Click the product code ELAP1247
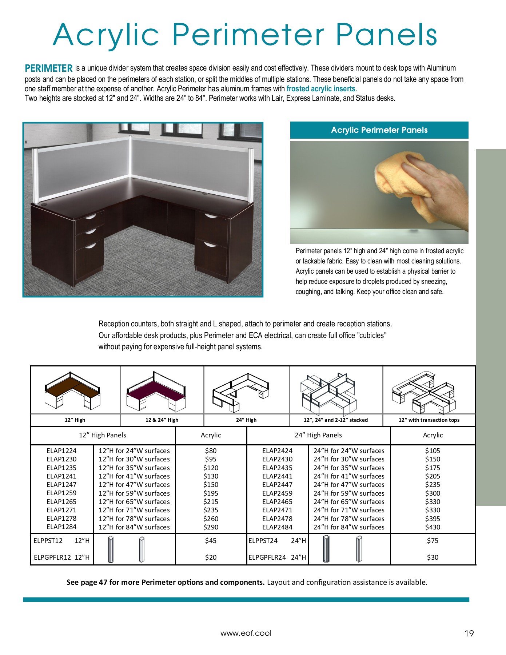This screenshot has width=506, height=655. (61, 485)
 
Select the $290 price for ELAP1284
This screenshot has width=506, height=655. (211, 527)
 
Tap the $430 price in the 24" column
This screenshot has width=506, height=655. (433, 527)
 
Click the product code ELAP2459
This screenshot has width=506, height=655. (277, 493)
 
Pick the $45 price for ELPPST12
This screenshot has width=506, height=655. (211, 541)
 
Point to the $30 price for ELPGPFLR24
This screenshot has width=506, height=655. (433, 557)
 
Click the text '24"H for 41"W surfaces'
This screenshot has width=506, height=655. (349, 476)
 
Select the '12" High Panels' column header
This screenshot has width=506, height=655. (103, 435)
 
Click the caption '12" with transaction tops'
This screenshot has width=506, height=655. (429, 420)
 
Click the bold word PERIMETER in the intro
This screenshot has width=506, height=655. (49, 68)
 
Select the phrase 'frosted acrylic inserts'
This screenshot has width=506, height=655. (321, 89)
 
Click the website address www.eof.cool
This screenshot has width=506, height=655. (246, 633)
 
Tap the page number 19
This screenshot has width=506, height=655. (469, 634)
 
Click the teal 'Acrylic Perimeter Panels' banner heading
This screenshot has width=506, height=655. (379, 130)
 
